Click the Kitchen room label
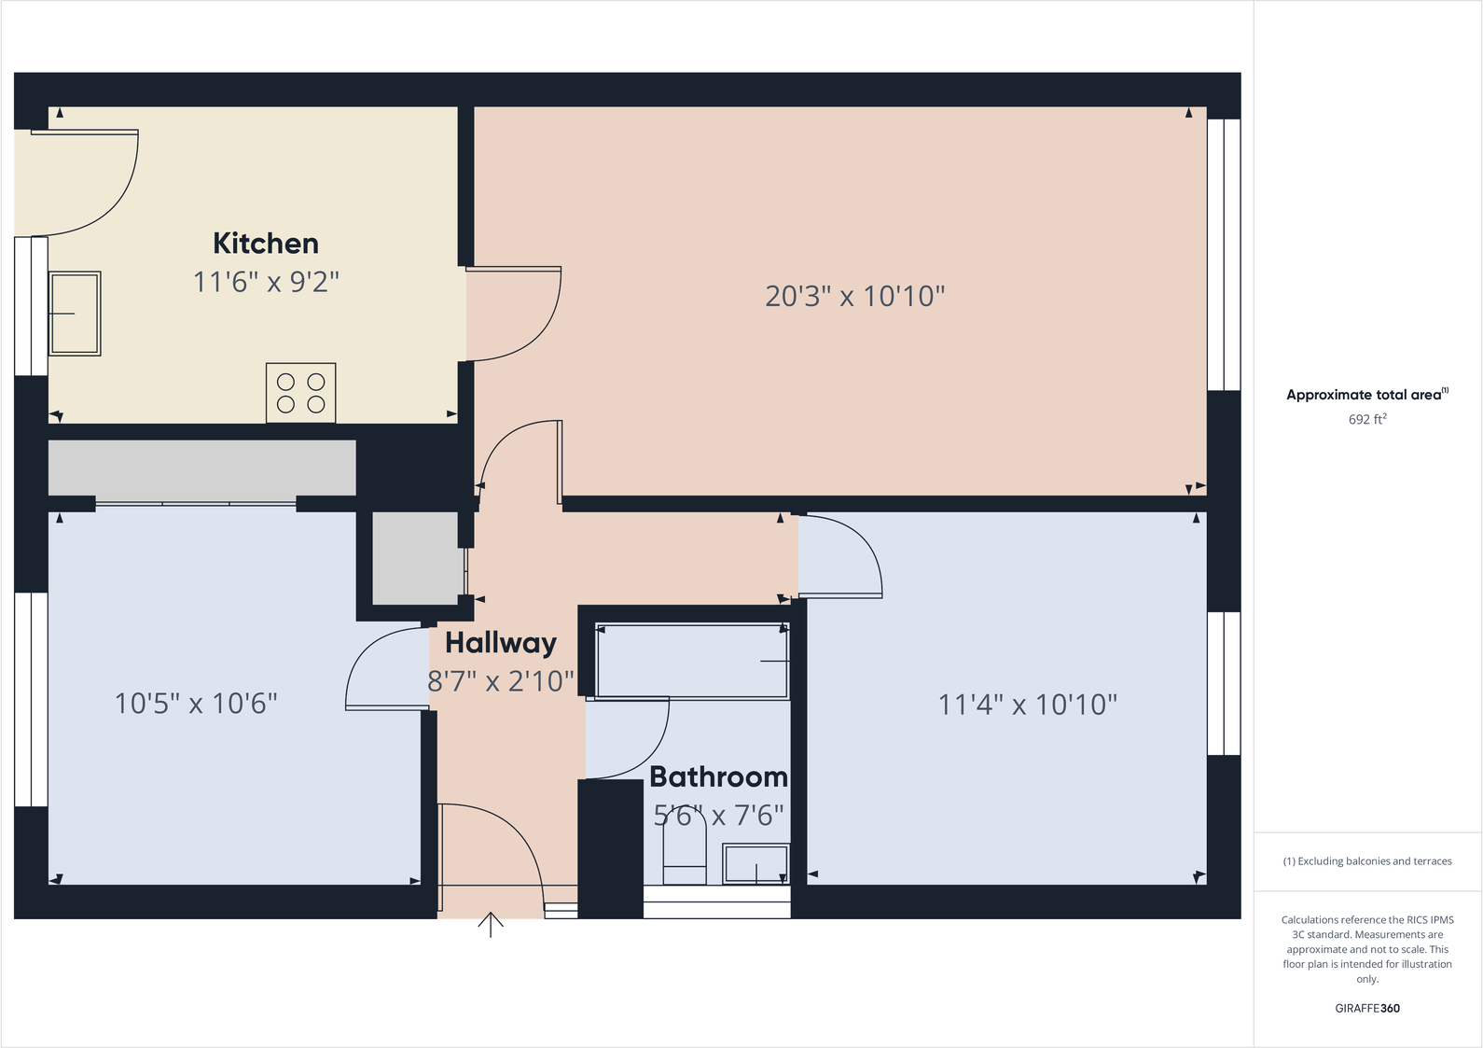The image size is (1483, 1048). (x=266, y=244)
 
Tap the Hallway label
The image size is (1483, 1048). (x=501, y=643)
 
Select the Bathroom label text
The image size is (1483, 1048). (x=718, y=776)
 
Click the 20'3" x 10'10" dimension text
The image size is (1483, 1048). (x=854, y=296)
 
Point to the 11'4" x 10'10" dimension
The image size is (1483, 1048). (x=1027, y=704)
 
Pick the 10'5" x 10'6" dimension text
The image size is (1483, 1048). (x=196, y=703)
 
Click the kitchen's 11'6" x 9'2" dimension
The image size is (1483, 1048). (x=266, y=281)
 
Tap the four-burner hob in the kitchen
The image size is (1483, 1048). (x=300, y=393)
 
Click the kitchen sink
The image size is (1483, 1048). (x=74, y=314)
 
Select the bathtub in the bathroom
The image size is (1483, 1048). (x=692, y=661)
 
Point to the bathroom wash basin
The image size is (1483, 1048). (x=755, y=864)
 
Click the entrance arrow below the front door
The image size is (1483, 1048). (x=491, y=924)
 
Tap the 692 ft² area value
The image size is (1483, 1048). (x=1366, y=419)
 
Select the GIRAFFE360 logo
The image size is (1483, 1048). (x=1366, y=1008)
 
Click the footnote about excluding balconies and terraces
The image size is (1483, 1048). (x=1366, y=861)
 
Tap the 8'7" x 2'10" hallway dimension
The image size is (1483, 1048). (x=501, y=681)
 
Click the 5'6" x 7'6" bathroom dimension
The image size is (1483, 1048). (x=718, y=816)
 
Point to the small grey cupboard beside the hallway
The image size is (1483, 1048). (x=416, y=558)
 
